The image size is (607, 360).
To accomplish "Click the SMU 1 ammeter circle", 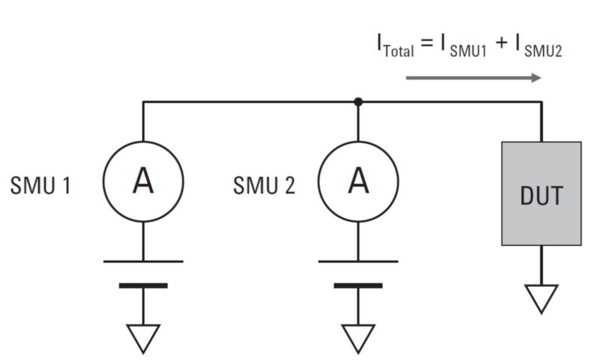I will [143, 181].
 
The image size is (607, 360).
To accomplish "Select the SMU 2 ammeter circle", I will [358, 181].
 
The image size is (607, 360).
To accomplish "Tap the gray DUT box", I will [541, 193].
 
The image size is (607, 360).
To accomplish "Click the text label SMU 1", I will [40, 186].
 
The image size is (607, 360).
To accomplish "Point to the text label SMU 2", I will [264, 186].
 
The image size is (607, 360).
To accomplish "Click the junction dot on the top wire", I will [358, 102].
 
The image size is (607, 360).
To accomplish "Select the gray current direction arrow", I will [473, 78].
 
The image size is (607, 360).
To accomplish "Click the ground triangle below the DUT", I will [541, 297].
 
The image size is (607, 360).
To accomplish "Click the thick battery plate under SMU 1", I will [143, 285].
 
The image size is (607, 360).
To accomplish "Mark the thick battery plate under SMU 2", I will [358, 285].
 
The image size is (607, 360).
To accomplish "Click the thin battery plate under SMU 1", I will [143, 261].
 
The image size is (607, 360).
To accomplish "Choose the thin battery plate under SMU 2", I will [358, 261].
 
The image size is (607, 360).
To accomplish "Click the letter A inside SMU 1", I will [143, 181].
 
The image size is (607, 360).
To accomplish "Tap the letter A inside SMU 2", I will [358, 181].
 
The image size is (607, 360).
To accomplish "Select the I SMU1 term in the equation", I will [463, 47].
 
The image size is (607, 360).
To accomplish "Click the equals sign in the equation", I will [428, 44].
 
